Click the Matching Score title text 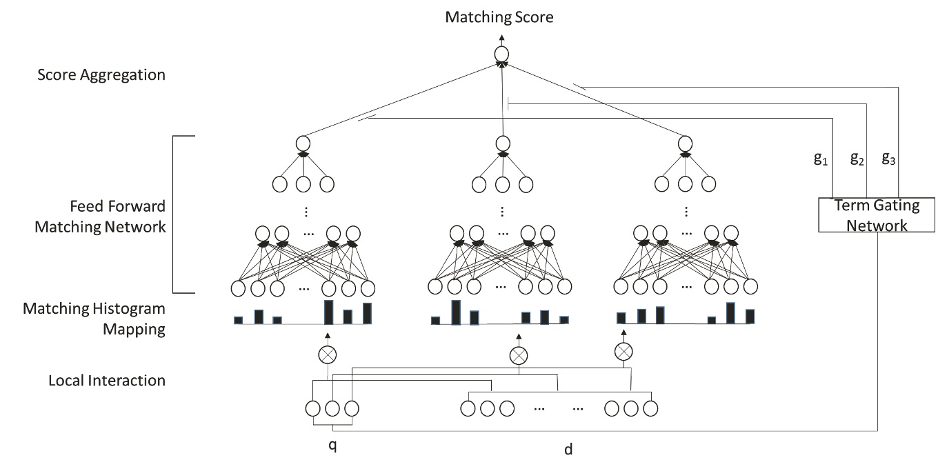pos(499,17)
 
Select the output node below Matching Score pos(501,54)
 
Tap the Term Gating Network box pos(876,214)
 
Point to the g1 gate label pos(820,159)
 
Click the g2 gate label pos(857,159)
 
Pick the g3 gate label pos(890,159)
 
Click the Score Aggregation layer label pos(101,74)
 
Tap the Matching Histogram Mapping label pos(94,318)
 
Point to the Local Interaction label pos(107,380)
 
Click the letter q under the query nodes pos(332,445)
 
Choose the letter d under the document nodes pos(568,450)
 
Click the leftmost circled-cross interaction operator pos(327,354)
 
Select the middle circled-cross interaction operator pos(518,356)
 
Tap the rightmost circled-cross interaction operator pos(623,351)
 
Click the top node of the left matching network pos(301,143)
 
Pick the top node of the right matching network pos(685,143)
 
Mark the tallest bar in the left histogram pos(329,312)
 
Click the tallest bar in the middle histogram pos(455,312)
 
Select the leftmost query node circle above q pos(314,408)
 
